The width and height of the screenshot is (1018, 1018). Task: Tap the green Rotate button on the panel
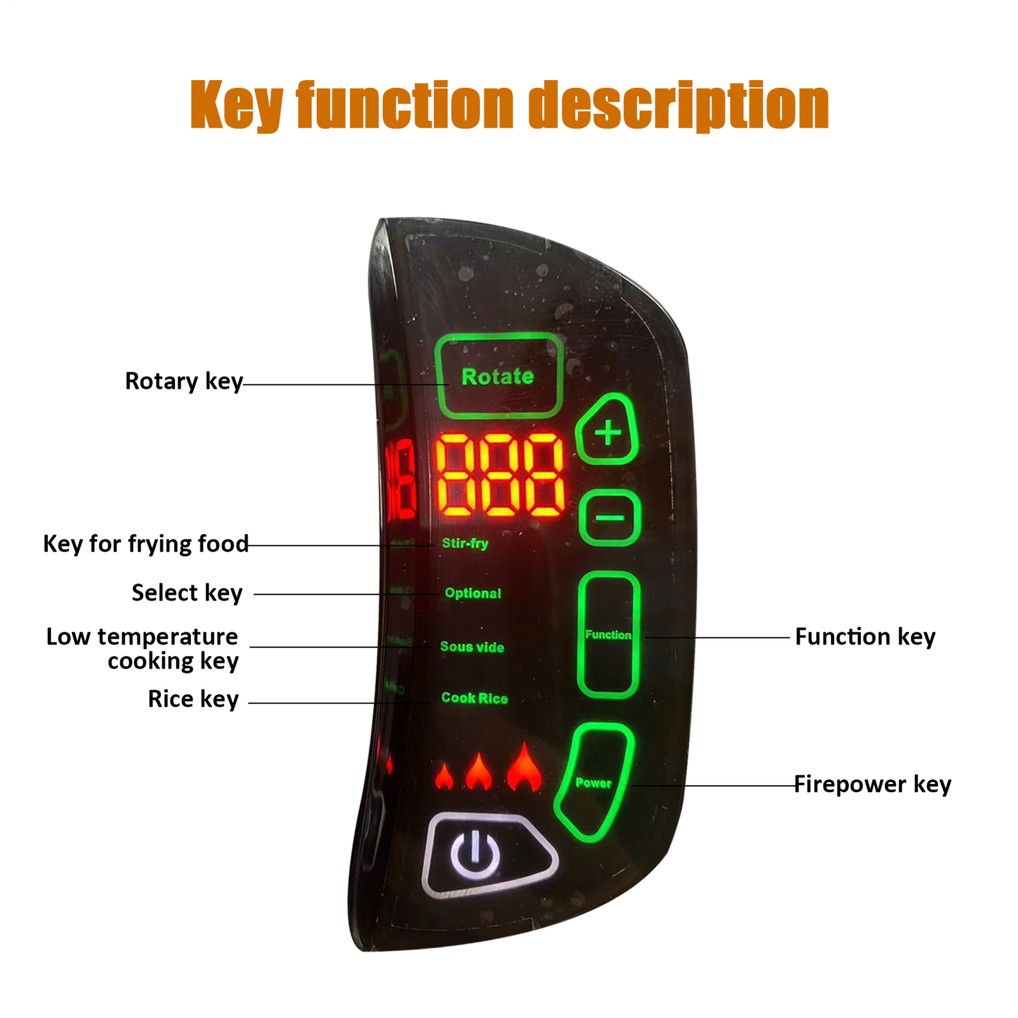(499, 376)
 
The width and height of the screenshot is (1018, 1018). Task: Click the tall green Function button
(608, 634)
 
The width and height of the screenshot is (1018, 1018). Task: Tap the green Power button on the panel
(594, 783)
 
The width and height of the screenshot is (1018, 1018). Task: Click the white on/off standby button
(475, 854)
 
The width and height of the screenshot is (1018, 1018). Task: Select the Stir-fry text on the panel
(465, 543)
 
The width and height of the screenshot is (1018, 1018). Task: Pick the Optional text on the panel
(473, 593)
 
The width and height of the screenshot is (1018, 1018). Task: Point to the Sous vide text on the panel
(472, 647)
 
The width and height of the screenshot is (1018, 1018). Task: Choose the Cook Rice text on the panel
(475, 698)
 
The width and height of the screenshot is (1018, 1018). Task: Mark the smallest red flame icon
(444, 777)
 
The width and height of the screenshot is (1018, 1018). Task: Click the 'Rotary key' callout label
(184, 381)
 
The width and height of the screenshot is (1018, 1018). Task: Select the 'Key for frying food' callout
(146, 544)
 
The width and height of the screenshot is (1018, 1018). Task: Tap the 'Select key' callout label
(187, 593)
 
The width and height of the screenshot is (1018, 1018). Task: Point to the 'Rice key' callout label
(193, 699)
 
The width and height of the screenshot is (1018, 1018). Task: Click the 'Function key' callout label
(865, 637)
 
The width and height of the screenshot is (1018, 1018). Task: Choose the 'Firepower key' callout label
(872, 784)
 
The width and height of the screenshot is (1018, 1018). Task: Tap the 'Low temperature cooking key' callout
(143, 648)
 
